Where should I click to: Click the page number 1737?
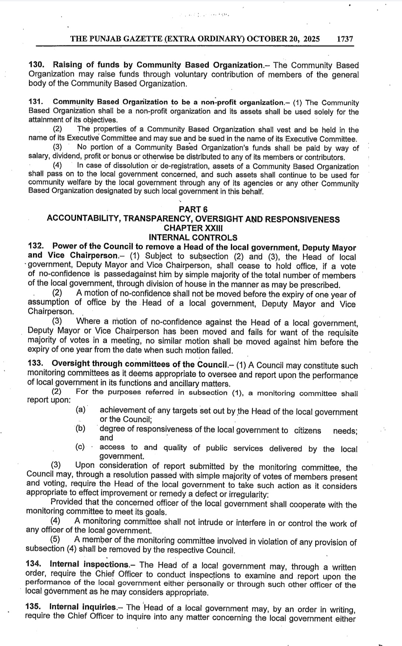pos(344,39)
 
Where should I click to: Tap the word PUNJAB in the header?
pos(104,39)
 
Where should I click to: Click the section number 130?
pos(36,65)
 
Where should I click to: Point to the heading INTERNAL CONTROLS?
pos(193,237)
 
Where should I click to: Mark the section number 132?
pos(36,247)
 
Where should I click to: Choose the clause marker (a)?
pos(81,410)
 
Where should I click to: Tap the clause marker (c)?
pos(80,447)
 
